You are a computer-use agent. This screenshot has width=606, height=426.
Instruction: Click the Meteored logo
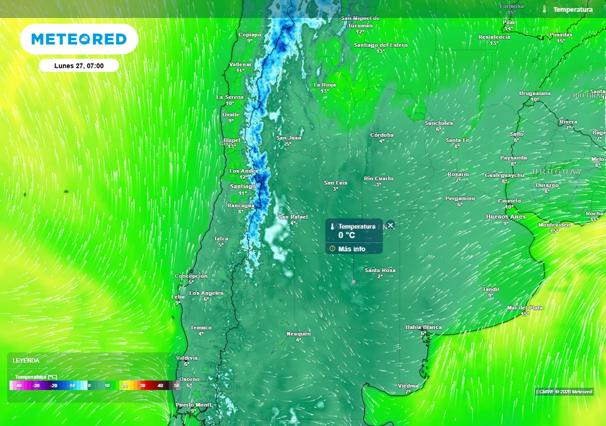tap(79, 39)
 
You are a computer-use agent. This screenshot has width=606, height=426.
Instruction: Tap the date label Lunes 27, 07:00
tap(79, 66)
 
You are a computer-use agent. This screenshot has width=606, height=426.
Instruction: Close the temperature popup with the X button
tap(390, 225)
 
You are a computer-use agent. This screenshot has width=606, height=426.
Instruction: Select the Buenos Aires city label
tap(506, 217)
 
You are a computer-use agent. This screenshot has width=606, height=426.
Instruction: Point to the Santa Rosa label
tap(380, 271)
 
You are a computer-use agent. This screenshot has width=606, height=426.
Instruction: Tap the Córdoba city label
tap(382, 135)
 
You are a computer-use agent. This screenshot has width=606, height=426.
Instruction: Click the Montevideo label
tap(554, 225)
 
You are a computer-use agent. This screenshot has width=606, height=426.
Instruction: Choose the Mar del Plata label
tap(525, 307)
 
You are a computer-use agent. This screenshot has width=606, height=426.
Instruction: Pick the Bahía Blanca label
tap(424, 327)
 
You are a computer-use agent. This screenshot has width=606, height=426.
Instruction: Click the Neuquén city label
tap(298, 334)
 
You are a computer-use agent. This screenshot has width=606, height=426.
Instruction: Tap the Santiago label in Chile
tap(242, 186)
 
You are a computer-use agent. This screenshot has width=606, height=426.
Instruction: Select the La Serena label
tap(230, 97)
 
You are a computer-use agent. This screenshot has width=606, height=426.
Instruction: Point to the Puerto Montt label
tap(193, 405)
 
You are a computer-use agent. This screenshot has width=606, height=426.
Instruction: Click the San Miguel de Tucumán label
tap(360, 22)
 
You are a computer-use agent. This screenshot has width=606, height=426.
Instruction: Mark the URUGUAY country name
tap(556, 172)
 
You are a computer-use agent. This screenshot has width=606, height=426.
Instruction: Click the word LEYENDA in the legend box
tap(26, 361)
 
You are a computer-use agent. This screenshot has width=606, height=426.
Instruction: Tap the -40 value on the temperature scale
tap(19, 386)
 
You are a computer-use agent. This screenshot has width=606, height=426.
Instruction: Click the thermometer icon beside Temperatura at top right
tap(545, 10)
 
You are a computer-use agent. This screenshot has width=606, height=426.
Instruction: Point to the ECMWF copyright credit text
tap(564, 392)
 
